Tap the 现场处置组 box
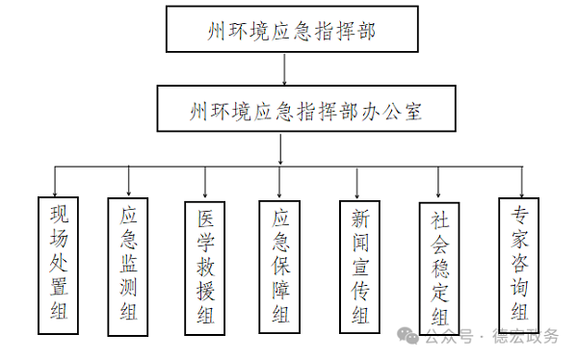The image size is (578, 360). click(58, 265)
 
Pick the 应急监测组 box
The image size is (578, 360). click(128, 267)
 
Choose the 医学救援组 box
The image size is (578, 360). click(205, 267)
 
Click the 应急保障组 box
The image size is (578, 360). click(280, 267)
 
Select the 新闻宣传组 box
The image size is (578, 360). click(359, 267)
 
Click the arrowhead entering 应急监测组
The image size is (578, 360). click(128, 191)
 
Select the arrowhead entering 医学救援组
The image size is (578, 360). click(204, 193)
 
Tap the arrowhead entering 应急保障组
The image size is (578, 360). click(280, 193)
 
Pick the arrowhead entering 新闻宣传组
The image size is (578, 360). click(358, 193)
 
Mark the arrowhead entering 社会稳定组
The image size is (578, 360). click(438, 193)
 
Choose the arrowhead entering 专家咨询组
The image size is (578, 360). click(520, 191)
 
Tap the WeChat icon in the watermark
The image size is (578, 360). click(410, 337)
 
